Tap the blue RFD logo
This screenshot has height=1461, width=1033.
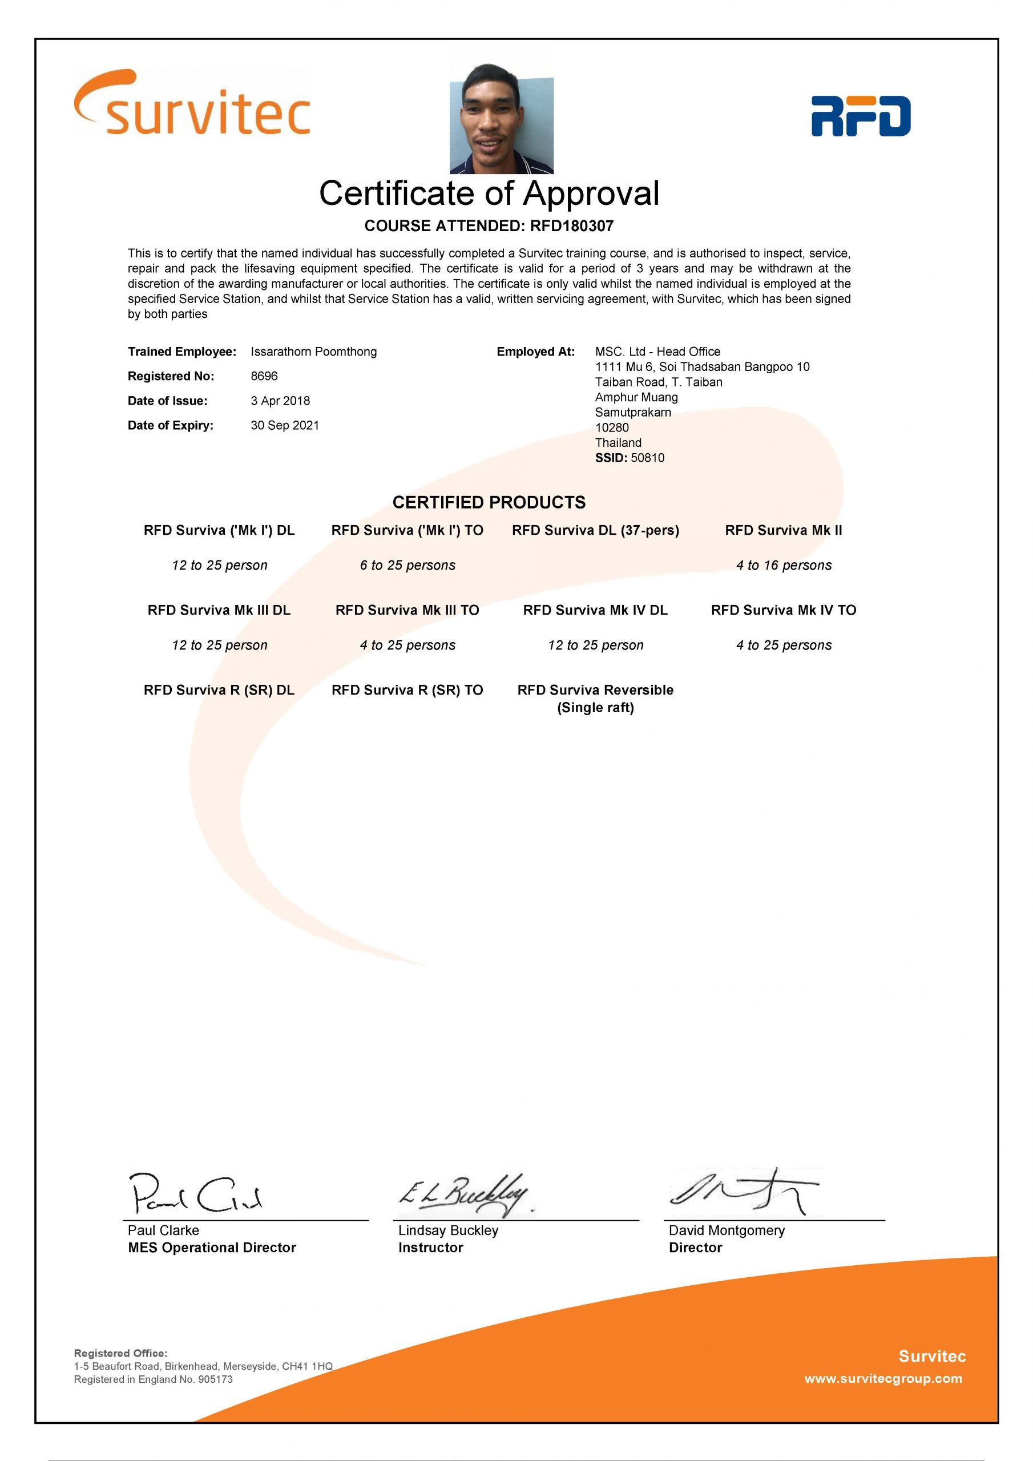point(861,116)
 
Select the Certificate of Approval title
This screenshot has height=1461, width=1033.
point(489,193)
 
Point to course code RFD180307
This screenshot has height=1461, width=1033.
point(571,226)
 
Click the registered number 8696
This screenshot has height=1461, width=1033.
point(264,376)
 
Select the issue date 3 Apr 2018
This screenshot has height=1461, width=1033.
point(280,401)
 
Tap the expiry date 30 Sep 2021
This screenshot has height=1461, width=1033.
point(285,425)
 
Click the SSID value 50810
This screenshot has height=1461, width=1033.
point(647,458)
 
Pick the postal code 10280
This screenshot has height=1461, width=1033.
point(612,427)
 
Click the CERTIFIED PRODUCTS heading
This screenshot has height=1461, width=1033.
point(489,502)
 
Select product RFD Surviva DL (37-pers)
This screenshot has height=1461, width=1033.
point(595,530)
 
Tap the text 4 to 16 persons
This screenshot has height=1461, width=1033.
point(784,565)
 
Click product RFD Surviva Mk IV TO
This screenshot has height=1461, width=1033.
point(784,610)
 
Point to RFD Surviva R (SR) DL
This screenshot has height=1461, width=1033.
point(219,690)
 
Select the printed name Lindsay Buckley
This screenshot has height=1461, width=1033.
point(448,1230)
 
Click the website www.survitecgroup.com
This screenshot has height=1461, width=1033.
point(883,1378)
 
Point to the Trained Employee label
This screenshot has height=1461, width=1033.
point(182,352)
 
